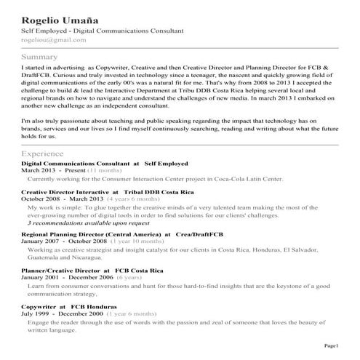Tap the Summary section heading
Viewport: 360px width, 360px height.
click(x=40, y=57)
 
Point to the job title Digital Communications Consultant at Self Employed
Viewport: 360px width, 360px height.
click(x=105, y=164)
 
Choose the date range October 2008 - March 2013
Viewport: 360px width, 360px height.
click(x=63, y=199)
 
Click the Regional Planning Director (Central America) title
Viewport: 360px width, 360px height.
click(x=92, y=235)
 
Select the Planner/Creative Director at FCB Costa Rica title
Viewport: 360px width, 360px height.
click(x=92, y=270)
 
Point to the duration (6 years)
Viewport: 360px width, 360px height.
click(x=129, y=277)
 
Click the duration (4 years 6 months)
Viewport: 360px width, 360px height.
click(x=130, y=199)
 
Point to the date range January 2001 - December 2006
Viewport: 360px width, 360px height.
click(x=67, y=277)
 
